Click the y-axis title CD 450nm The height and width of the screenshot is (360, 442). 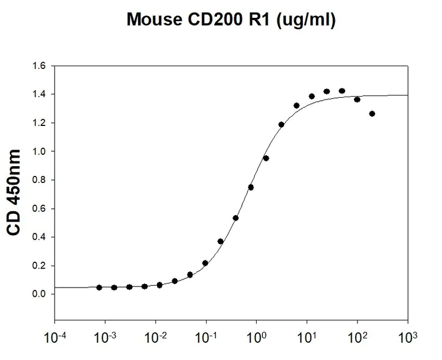[13, 193]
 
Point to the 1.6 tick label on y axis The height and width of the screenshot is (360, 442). [39, 66]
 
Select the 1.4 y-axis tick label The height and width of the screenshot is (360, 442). [39, 94]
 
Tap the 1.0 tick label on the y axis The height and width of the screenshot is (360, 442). [39, 151]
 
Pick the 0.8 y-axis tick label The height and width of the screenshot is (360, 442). [39, 180]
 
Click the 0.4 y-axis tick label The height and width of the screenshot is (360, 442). [39, 237]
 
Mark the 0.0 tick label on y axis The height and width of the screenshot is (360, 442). [39, 294]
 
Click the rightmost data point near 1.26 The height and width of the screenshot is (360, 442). [372, 114]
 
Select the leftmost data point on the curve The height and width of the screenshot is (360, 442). [99, 288]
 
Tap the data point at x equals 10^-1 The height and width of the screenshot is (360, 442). [205, 263]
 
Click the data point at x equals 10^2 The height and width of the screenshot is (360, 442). [357, 99]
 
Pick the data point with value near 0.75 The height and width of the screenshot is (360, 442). [251, 187]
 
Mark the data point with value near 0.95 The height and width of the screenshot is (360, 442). [266, 158]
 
